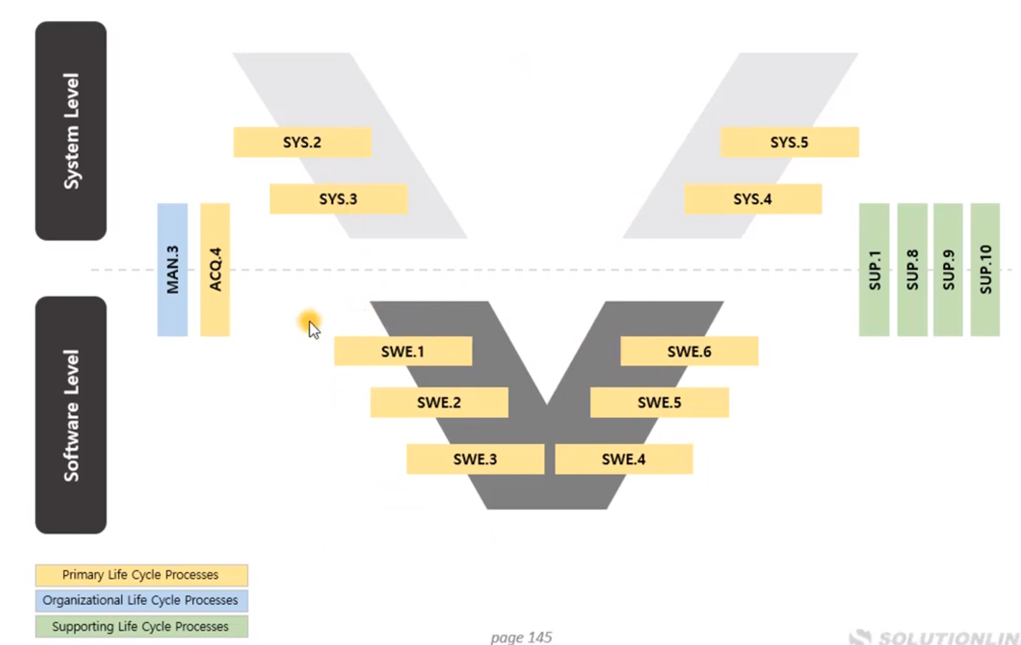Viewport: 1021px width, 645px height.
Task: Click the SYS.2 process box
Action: [x=302, y=142]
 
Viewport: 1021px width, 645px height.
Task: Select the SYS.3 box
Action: [x=338, y=199]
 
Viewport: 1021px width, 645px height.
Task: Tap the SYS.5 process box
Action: [x=789, y=142]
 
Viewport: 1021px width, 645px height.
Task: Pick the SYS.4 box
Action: [x=752, y=199]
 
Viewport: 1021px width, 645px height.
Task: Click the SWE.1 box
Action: [x=403, y=351]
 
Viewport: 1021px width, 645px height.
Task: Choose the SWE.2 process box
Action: [x=439, y=402]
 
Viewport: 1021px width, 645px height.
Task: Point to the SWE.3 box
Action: [x=475, y=459]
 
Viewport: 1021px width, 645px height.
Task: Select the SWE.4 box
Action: [x=623, y=459]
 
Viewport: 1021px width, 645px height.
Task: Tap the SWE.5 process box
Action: [x=659, y=402]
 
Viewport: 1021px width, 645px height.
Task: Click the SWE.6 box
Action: [x=689, y=351]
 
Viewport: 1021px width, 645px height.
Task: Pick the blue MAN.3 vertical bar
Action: [x=172, y=269]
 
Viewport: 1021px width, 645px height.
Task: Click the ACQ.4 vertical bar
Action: [x=215, y=269]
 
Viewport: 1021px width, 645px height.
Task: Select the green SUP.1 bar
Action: [x=874, y=269]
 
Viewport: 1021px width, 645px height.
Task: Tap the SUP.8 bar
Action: [x=912, y=269]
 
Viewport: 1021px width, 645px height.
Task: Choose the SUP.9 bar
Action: [x=948, y=269]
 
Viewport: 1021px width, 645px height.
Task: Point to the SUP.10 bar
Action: [x=985, y=269]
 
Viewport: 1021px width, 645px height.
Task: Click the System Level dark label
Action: [x=70, y=131]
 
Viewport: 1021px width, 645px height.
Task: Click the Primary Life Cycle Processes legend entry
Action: [x=141, y=575]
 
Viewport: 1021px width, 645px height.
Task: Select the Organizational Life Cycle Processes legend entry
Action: [x=141, y=600]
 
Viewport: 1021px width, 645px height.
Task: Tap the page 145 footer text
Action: [x=521, y=637]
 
